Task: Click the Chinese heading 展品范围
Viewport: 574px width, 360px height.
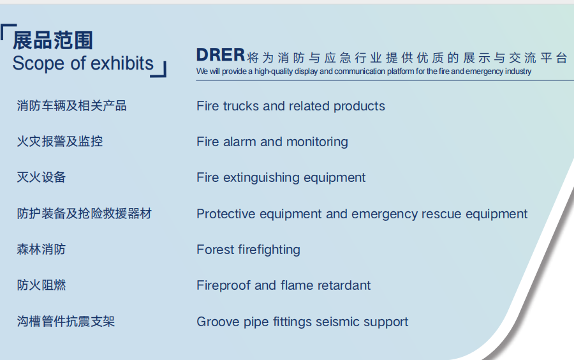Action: point(53,40)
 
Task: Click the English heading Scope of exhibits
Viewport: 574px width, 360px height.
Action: point(83,64)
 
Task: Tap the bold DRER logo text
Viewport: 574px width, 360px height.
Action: point(221,55)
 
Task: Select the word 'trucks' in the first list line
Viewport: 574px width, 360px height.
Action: point(241,106)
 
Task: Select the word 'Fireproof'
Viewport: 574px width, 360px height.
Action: point(223,285)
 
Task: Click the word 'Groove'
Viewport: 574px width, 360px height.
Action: point(217,322)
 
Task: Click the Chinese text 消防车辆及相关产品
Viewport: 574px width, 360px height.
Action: point(71,106)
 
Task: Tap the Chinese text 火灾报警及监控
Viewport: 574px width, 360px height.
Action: point(59,142)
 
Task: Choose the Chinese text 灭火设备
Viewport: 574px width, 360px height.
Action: point(41,177)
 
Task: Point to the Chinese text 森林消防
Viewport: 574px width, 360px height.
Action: point(41,250)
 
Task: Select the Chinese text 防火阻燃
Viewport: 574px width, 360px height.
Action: point(41,285)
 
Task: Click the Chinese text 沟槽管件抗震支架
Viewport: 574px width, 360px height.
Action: point(66,322)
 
